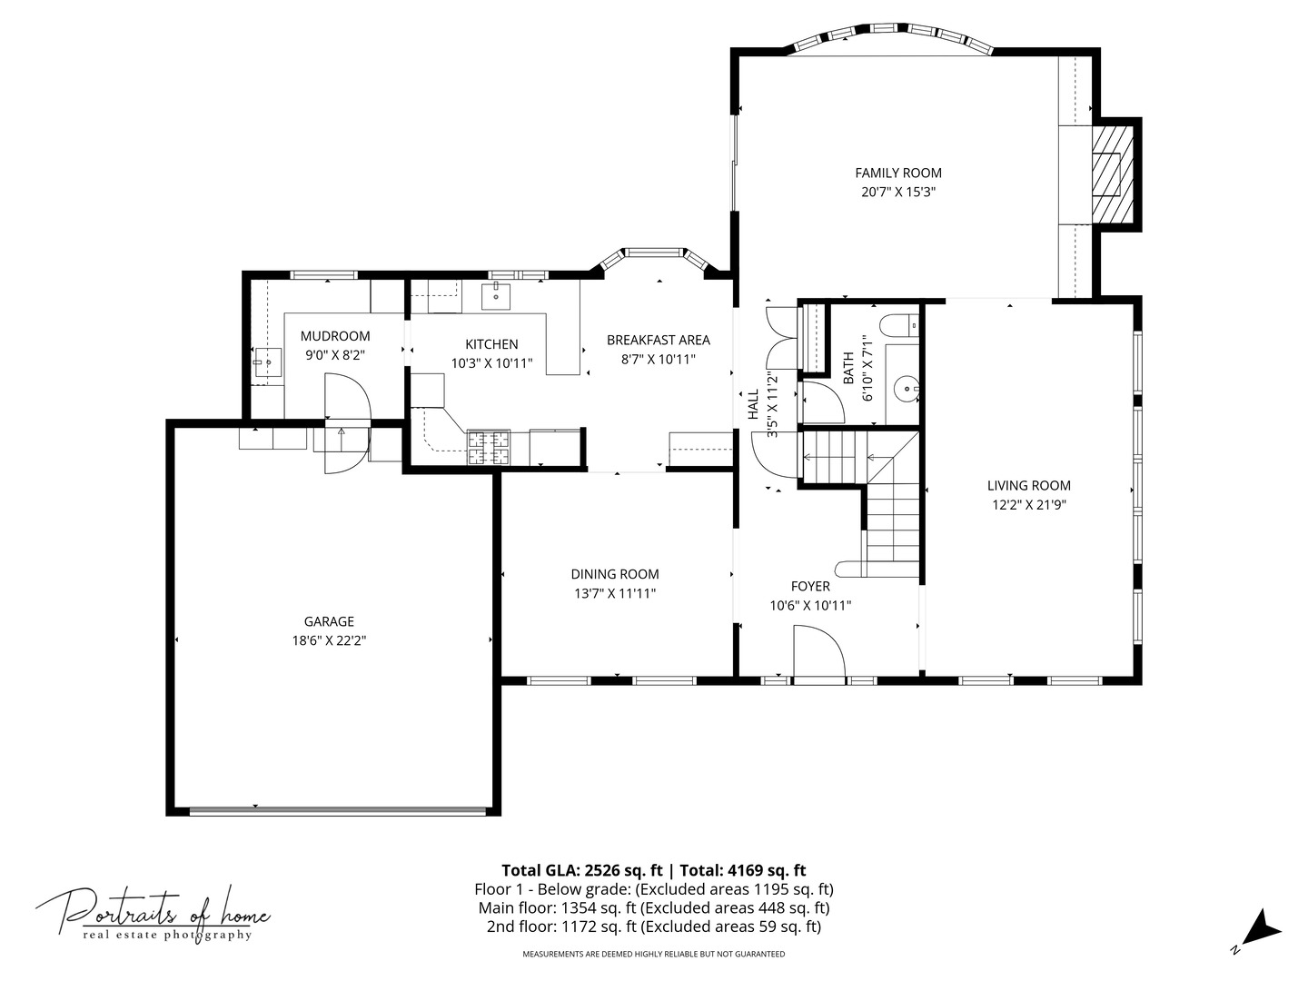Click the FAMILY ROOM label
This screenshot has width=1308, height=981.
(897, 173)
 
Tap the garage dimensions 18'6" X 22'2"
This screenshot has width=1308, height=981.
(329, 640)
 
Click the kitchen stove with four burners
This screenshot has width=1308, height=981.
(488, 448)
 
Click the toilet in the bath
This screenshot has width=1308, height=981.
(899, 325)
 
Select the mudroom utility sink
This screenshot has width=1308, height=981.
(268, 363)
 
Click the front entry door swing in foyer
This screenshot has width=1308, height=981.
(817, 652)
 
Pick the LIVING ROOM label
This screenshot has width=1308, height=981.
(1028, 485)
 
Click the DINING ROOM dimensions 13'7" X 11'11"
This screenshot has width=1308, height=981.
(615, 593)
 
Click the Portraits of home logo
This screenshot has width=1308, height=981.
(153, 913)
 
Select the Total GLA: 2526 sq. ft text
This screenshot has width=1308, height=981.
(577, 869)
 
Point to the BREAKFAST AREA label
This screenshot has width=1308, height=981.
(658, 340)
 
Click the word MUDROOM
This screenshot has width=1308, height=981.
(335, 336)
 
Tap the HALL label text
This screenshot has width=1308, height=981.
(753, 404)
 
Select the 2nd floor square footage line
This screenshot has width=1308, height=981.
(653, 926)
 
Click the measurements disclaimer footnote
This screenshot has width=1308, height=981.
(653, 954)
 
